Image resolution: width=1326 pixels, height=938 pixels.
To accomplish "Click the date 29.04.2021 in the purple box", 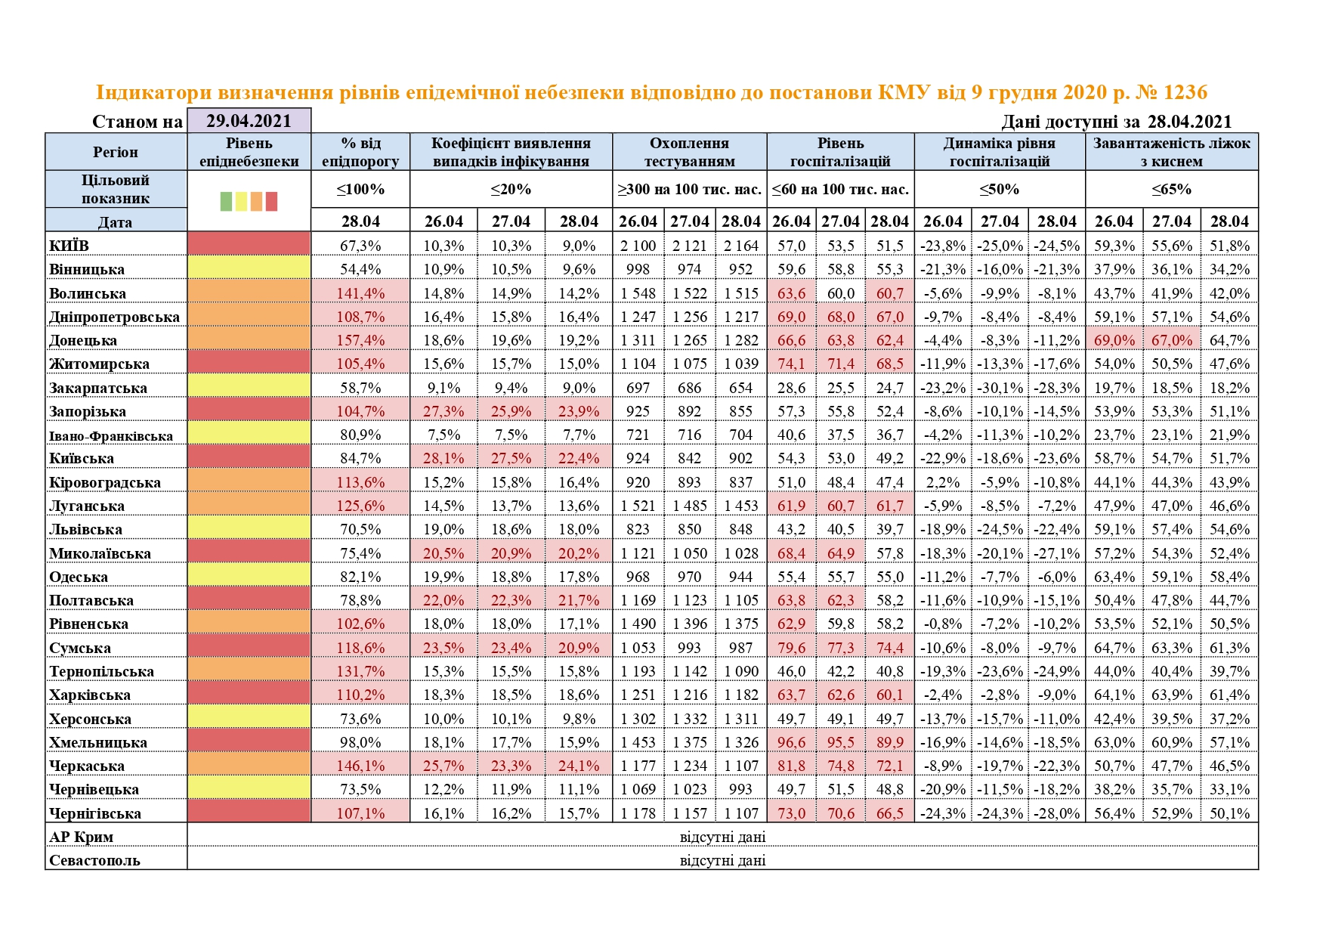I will point(249,121).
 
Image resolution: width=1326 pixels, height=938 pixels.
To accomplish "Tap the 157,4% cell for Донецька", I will point(360,340).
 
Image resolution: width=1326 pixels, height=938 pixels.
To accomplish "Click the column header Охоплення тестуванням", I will point(689,152).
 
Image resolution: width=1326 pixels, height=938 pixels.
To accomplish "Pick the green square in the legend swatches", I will point(226,201).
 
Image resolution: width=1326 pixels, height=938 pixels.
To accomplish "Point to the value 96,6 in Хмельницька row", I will point(791,742).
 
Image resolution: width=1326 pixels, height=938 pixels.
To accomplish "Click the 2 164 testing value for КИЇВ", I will point(740,246).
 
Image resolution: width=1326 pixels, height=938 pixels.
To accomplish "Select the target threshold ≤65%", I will point(1171,189).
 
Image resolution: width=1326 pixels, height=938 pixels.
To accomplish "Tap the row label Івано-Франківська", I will point(111,435).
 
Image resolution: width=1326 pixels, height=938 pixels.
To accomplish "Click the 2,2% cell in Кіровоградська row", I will point(942,482).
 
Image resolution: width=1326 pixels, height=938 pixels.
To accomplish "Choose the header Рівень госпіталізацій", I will point(840,152).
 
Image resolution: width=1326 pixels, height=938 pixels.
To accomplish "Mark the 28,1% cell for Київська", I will point(444,458).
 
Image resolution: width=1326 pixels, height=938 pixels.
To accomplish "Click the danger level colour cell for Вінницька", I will point(249,269).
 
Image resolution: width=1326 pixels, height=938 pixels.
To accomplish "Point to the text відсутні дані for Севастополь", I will point(722,860).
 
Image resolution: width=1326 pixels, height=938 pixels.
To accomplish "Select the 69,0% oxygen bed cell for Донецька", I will point(1114,340).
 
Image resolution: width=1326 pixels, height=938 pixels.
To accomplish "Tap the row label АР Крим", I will point(81,837).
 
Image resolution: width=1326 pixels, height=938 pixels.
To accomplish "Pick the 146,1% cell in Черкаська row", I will point(360,766).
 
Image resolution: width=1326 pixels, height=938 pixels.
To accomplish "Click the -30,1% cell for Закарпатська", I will point(1000,388).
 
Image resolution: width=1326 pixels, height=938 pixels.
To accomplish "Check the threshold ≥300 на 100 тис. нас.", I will point(689,189).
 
